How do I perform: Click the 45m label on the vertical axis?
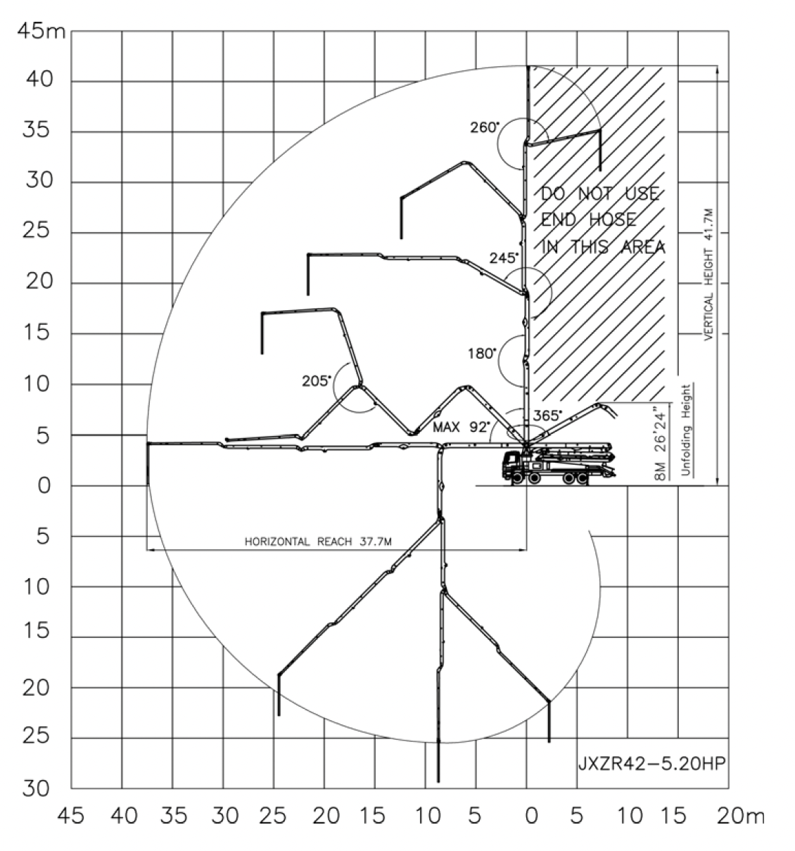(42, 32)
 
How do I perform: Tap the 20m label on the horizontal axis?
(741, 816)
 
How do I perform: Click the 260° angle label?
(485, 127)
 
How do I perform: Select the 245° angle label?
(504, 258)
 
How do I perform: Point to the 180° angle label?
(481, 354)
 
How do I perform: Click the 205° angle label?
(317, 381)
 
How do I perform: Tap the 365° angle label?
(547, 415)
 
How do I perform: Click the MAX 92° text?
(462, 427)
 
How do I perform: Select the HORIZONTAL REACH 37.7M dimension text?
(318, 542)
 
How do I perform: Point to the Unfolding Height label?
(686, 430)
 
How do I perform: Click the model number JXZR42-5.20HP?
(651, 763)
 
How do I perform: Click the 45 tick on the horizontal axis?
(71, 816)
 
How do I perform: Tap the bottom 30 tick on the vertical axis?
(37, 788)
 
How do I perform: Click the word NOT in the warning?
(596, 193)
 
